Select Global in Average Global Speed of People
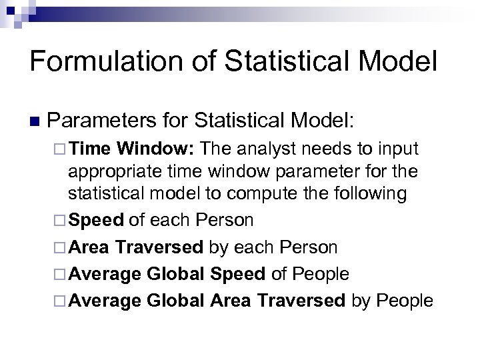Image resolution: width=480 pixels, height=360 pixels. pos(175,274)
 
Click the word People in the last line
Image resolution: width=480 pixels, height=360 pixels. pos(405,301)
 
